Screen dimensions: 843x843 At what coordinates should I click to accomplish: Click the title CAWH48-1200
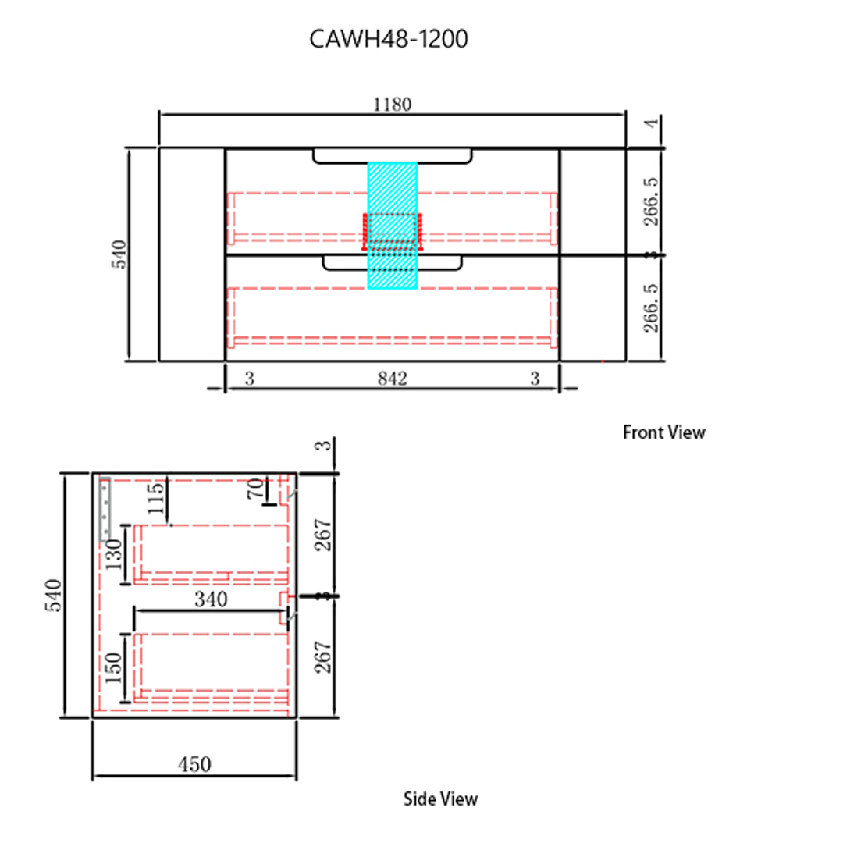tap(389, 39)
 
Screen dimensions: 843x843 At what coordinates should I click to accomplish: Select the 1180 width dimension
tap(392, 105)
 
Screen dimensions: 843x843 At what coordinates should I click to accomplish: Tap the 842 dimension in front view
tap(392, 379)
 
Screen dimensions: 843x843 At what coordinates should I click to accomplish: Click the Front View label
tap(663, 432)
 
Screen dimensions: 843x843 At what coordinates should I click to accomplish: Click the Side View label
tap(440, 799)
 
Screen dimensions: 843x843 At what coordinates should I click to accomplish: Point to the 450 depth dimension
tap(194, 764)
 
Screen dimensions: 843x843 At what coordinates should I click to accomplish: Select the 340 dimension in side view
tap(211, 599)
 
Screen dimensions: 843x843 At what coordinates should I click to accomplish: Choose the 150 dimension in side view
tap(114, 667)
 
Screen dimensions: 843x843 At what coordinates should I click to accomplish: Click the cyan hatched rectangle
tap(393, 187)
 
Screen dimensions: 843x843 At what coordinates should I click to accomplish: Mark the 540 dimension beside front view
tap(119, 254)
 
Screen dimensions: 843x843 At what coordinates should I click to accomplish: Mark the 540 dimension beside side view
tap(54, 595)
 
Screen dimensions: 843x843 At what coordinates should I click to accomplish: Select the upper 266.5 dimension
tap(653, 201)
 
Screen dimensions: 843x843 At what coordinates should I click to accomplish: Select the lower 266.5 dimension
tap(653, 308)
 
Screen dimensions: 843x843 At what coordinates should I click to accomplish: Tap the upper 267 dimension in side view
tap(324, 535)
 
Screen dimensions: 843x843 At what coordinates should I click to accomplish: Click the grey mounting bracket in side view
tap(105, 509)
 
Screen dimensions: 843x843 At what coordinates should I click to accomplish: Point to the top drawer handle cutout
tap(393, 158)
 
